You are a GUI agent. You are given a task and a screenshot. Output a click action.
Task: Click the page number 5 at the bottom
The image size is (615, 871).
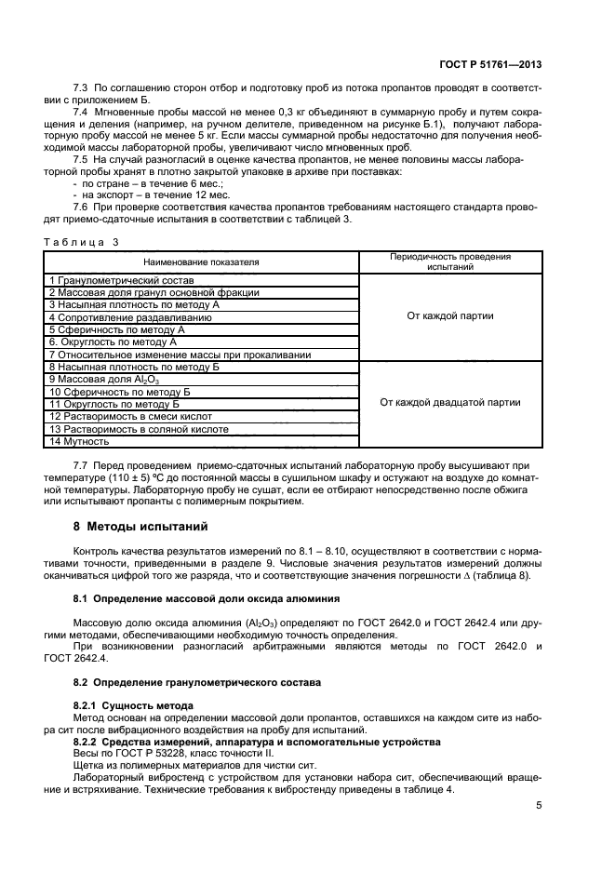click(539, 806)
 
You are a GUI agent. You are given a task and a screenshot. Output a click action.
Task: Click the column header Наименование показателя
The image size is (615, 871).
click(202, 262)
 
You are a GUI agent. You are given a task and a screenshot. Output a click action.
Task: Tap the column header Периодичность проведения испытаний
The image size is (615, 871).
click(450, 261)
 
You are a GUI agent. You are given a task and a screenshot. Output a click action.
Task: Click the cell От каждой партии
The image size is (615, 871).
click(450, 316)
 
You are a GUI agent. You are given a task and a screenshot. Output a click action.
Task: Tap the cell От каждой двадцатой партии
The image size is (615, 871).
click(450, 403)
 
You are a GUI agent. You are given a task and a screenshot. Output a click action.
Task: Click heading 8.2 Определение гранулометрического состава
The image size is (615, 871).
click(199, 682)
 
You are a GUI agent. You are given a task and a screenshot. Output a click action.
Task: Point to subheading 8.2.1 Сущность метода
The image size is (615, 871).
click(133, 705)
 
